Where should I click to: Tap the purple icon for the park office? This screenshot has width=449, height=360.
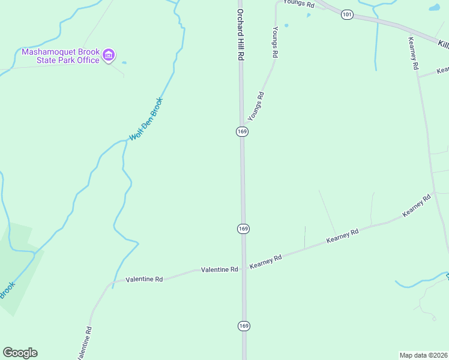point(109,56)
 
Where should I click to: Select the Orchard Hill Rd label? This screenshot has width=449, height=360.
point(240,34)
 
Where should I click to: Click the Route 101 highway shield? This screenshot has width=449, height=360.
point(347,14)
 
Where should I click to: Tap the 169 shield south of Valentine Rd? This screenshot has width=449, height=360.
point(243,326)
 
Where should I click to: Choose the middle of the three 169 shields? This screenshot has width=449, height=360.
point(243,229)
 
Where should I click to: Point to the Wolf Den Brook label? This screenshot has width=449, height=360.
point(146,119)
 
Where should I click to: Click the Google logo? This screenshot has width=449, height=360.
point(20,353)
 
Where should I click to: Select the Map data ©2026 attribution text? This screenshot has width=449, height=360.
point(423,355)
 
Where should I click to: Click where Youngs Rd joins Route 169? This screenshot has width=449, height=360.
point(243,122)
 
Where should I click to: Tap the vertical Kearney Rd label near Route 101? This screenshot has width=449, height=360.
point(412,53)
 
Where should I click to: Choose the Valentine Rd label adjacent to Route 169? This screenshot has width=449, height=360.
point(220,270)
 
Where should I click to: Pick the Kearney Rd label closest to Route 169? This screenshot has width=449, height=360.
point(266,262)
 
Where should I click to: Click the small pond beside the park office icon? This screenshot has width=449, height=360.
point(124,62)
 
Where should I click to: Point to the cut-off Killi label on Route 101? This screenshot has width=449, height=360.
point(443,44)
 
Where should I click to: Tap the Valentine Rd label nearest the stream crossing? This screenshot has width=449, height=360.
point(144,280)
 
